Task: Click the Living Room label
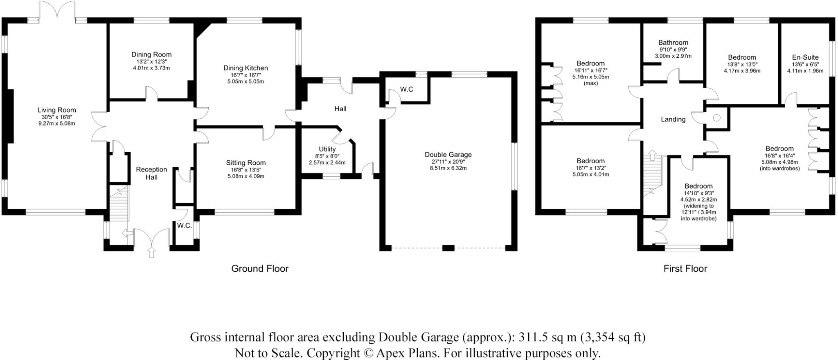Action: coord(56,110)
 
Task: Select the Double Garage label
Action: coord(448,155)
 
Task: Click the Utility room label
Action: coord(327,149)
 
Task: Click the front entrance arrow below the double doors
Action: coord(152,252)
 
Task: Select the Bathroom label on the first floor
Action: coord(673,43)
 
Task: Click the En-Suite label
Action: coord(805,58)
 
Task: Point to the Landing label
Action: coord(673,119)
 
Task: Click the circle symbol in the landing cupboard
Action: coord(716,118)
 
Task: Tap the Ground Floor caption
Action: coord(260,269)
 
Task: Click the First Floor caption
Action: coord(685,269)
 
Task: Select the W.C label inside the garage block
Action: coord(406,89)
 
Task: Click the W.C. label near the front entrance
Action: coord(185,226)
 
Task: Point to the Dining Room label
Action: coord(151,54)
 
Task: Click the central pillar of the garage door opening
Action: coord(448,248)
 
